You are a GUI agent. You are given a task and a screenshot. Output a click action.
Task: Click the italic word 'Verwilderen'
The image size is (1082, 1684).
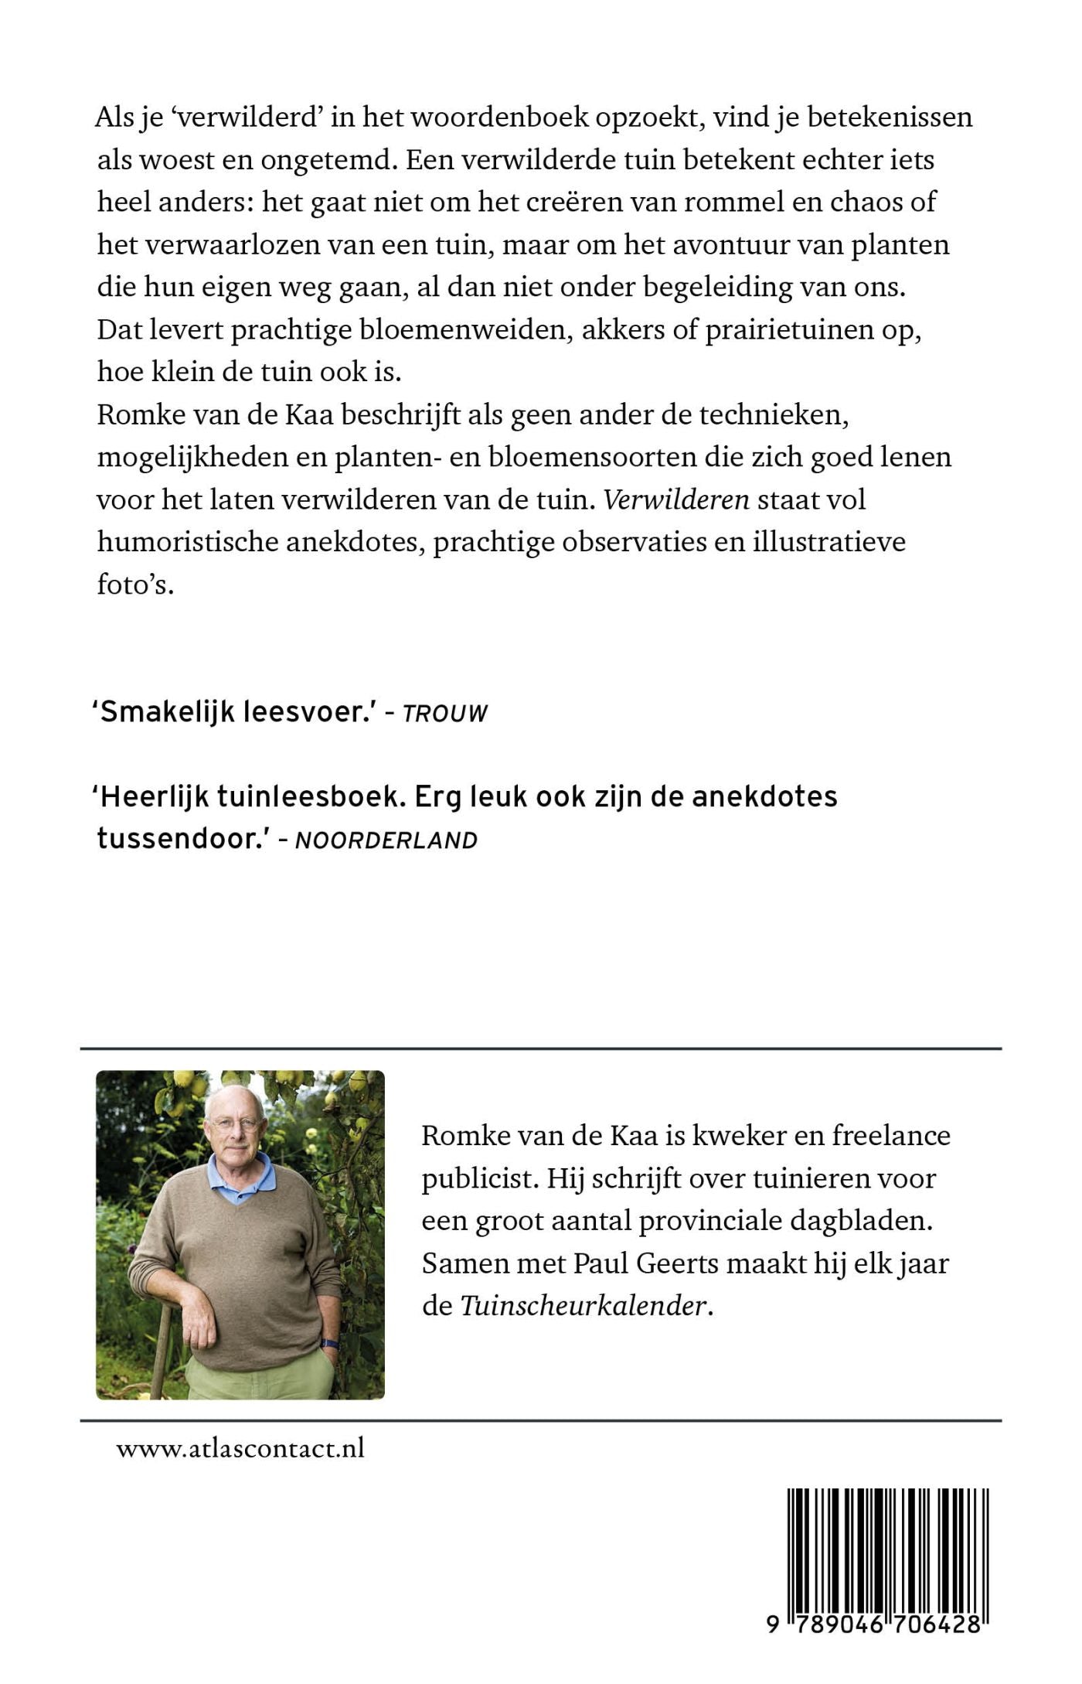coord(676,499)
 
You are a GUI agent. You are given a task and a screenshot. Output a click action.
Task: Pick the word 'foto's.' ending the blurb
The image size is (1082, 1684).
coord(135,585)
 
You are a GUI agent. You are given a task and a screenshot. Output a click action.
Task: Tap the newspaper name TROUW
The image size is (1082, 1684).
coord(445,714)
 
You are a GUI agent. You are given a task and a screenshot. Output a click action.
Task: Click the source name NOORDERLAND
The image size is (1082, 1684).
coord(386,840)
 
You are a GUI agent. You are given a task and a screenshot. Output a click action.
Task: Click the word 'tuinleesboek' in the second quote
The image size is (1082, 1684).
coord(310,797)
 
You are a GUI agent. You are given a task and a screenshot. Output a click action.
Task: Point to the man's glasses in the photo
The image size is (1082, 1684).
coord(233,1123)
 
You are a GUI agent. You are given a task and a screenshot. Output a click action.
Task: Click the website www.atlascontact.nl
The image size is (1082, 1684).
coord(240,1448)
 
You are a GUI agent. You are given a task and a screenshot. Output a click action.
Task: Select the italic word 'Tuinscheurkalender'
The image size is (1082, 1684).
coord(584,1306)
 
